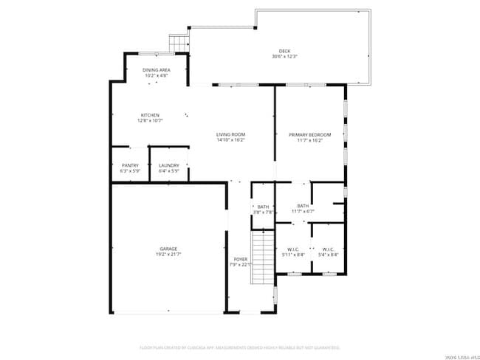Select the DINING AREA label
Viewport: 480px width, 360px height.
(156, 69)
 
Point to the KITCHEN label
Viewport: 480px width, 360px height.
(150, 115)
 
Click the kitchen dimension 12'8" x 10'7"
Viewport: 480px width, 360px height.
(150, 121)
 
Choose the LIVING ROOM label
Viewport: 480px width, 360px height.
(230, 134)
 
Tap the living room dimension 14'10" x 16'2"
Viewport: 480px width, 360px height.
(230, 140)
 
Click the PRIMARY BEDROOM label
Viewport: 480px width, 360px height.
(309, 134)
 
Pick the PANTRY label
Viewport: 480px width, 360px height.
(130, 165)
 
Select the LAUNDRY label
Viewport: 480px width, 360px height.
(169, 165)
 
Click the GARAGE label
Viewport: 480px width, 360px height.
(168, 249)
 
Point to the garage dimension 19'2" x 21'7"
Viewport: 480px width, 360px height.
(168, 255)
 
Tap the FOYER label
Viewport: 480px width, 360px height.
(241, 259)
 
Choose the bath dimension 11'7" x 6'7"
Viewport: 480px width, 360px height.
(303, 212)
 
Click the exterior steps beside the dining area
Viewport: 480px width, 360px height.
(178, 44)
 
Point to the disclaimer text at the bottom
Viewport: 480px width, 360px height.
(239, 347)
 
